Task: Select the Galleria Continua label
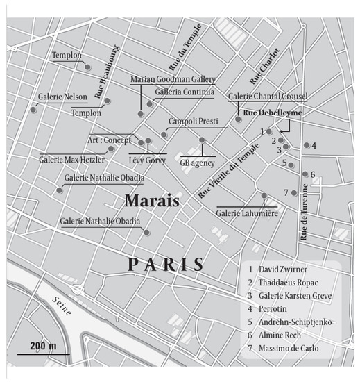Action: click(x=185, y=92)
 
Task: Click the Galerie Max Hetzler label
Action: click(x=71, y=159)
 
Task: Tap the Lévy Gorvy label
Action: click(x=147, y=159)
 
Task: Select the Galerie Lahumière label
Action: click(x=246, y=212)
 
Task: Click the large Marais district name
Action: click(x=152, y=201)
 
